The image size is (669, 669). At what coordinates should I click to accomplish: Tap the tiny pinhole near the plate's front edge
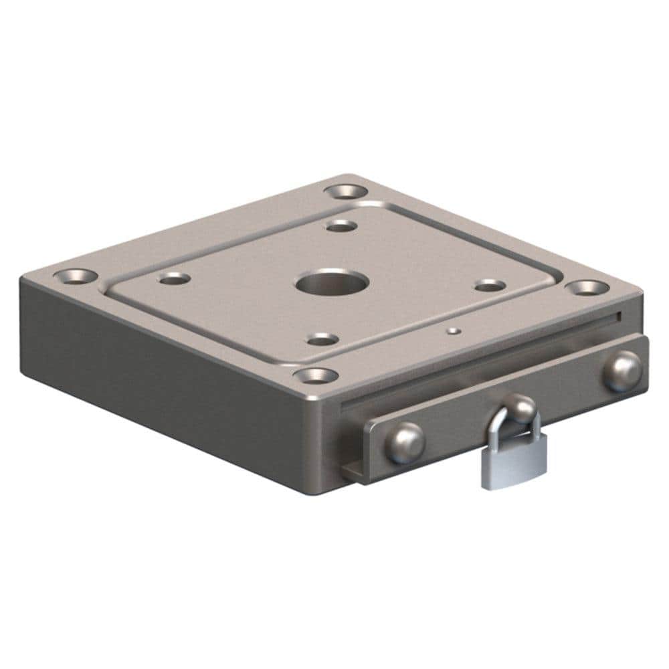click(x=454, y=330)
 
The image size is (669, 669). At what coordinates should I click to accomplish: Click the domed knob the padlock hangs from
click(x=519, y=406)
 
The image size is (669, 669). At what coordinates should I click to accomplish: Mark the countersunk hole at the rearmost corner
click(x=349, y=190)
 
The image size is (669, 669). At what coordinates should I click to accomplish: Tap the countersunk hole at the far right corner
click(x=587, y=287)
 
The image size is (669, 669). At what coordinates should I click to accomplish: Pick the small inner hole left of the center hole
click(x=175, y=278)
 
